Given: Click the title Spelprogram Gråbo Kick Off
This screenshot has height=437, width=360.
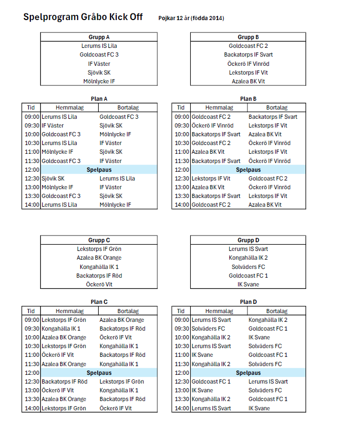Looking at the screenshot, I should (x=83, y=17).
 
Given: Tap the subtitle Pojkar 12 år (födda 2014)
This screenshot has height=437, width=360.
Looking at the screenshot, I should (x=191, y=19).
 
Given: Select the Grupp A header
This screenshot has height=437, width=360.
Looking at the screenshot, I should (x=99, y=37).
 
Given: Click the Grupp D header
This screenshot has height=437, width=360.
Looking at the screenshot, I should (x=248, y=240).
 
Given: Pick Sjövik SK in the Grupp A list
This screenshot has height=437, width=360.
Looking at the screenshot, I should (x=99, y=72).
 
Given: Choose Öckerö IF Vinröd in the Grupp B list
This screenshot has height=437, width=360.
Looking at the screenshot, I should (x=248, y=64).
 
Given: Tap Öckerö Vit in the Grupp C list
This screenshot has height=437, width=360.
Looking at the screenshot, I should (x=99, y=284).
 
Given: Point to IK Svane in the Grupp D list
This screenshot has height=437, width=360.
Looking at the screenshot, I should (x=248, y=284).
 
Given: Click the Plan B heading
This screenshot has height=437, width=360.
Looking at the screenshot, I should (x=248, y=99).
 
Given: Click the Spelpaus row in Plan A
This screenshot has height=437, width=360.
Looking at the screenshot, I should (x=99, y=170).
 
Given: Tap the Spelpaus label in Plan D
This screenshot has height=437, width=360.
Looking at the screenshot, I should (x=248, y=373).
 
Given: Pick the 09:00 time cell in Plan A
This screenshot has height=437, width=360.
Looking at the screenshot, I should (x=32, y=117).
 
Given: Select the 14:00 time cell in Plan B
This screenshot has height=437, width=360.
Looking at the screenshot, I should (x=182, y=205).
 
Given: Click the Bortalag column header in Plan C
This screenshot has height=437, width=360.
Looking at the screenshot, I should (x=128, y=311).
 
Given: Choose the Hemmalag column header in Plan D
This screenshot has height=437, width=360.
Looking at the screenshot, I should (x=219, y=311).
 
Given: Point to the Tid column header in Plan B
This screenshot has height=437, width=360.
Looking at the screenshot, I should (x=181, y=108).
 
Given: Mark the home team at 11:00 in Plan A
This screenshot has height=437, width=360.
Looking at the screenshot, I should (x=58, y=152).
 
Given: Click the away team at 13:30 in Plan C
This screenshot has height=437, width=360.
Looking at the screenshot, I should (x=122, y=399).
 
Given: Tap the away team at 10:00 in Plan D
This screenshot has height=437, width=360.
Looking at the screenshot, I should (x=259, y=337).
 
